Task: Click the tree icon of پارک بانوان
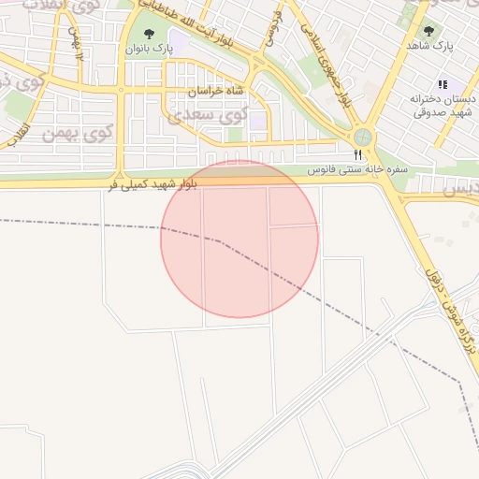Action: [145, 32]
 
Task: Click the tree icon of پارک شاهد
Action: [429, 30]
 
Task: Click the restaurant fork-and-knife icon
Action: [356, 154]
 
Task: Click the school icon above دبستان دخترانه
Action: [443, 84]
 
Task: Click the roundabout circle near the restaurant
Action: [363, 138]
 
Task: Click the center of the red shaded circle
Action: [239, 239]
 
